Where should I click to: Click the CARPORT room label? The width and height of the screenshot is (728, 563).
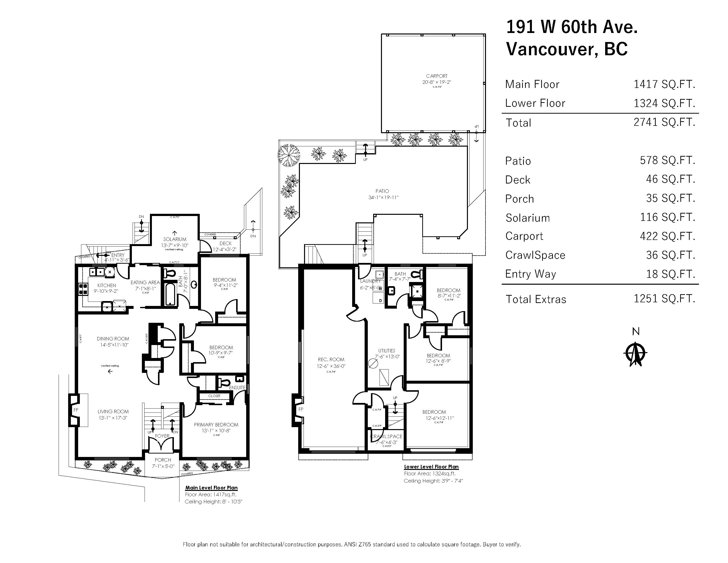tap(436, 76)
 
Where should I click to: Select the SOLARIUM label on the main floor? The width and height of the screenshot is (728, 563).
tap(175, 239)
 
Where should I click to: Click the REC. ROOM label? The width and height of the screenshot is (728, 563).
tap(331, 359)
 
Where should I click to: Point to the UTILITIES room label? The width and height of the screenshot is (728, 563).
tap(386, 351)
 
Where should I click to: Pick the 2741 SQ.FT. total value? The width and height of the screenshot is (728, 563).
tap(664, 122)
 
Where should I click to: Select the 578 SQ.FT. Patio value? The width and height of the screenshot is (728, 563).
tap(667, 161)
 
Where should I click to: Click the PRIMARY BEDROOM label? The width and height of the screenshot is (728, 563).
tap(216, 425)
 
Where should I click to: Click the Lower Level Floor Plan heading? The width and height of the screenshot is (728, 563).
tap(431, 467)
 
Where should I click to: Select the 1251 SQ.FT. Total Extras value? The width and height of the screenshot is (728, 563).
tap(664, 299)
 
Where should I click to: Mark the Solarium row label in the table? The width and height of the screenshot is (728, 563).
tap(527, 218)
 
